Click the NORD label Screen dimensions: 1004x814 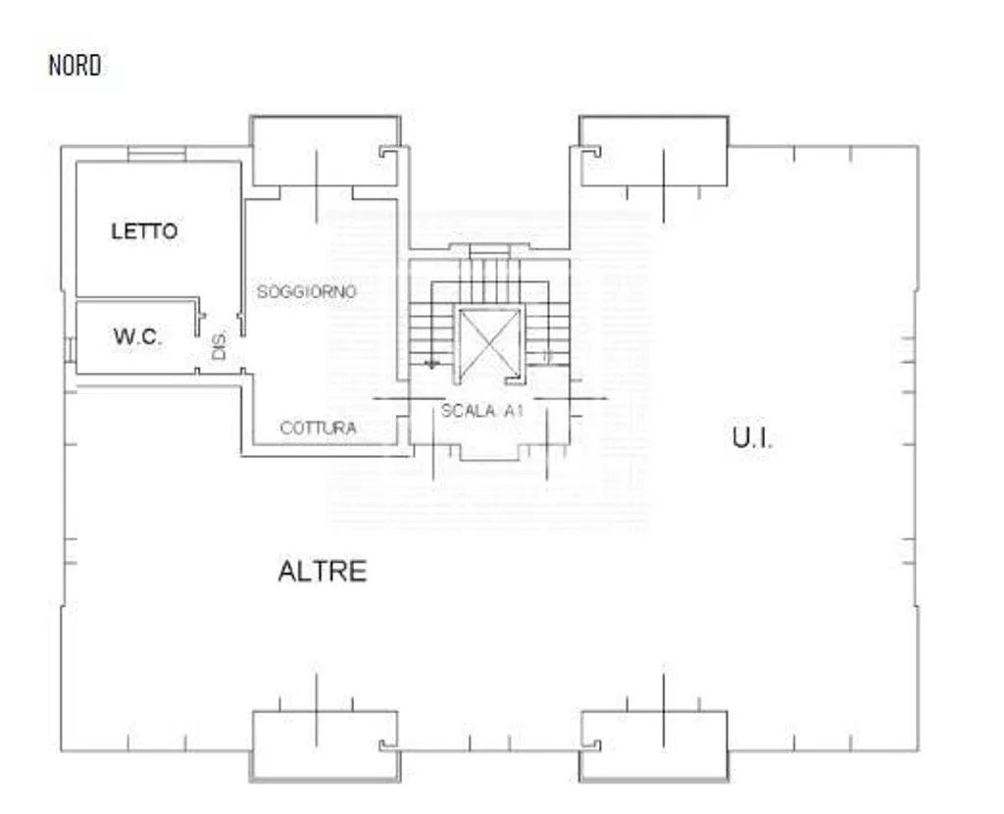click(x=75, y=66)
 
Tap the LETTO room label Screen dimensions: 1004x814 click(x=145, y=231)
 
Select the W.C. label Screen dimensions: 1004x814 click(x=137, y=336)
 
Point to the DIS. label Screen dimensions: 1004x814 click(x=219, y=345)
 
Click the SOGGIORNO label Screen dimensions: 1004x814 click(x=306, y=292)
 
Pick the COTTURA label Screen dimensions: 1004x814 click(x=319, y=428)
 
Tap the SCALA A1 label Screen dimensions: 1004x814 click(x=482, y=411)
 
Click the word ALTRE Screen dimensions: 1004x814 click(x=323, y=572)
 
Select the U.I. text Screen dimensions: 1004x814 click(x=752, y=438)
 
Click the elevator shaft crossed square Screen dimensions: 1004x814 click(x=490, y=344)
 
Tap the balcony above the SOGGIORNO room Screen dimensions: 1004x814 click(x=326, y=151)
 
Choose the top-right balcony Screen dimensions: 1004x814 click(x=654, y=151)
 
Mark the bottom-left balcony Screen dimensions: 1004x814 click(x=326, y=746)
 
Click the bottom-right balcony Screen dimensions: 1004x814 click(x=654, y=746)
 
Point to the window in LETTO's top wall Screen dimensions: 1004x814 click(x=157, y=154)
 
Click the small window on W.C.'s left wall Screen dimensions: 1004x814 click(x=69, y=350)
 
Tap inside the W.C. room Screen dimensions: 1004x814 click(x=135, y=337)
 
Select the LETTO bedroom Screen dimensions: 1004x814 click(x=158, y=228)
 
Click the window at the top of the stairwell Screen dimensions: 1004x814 click(x=490, y=252)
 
